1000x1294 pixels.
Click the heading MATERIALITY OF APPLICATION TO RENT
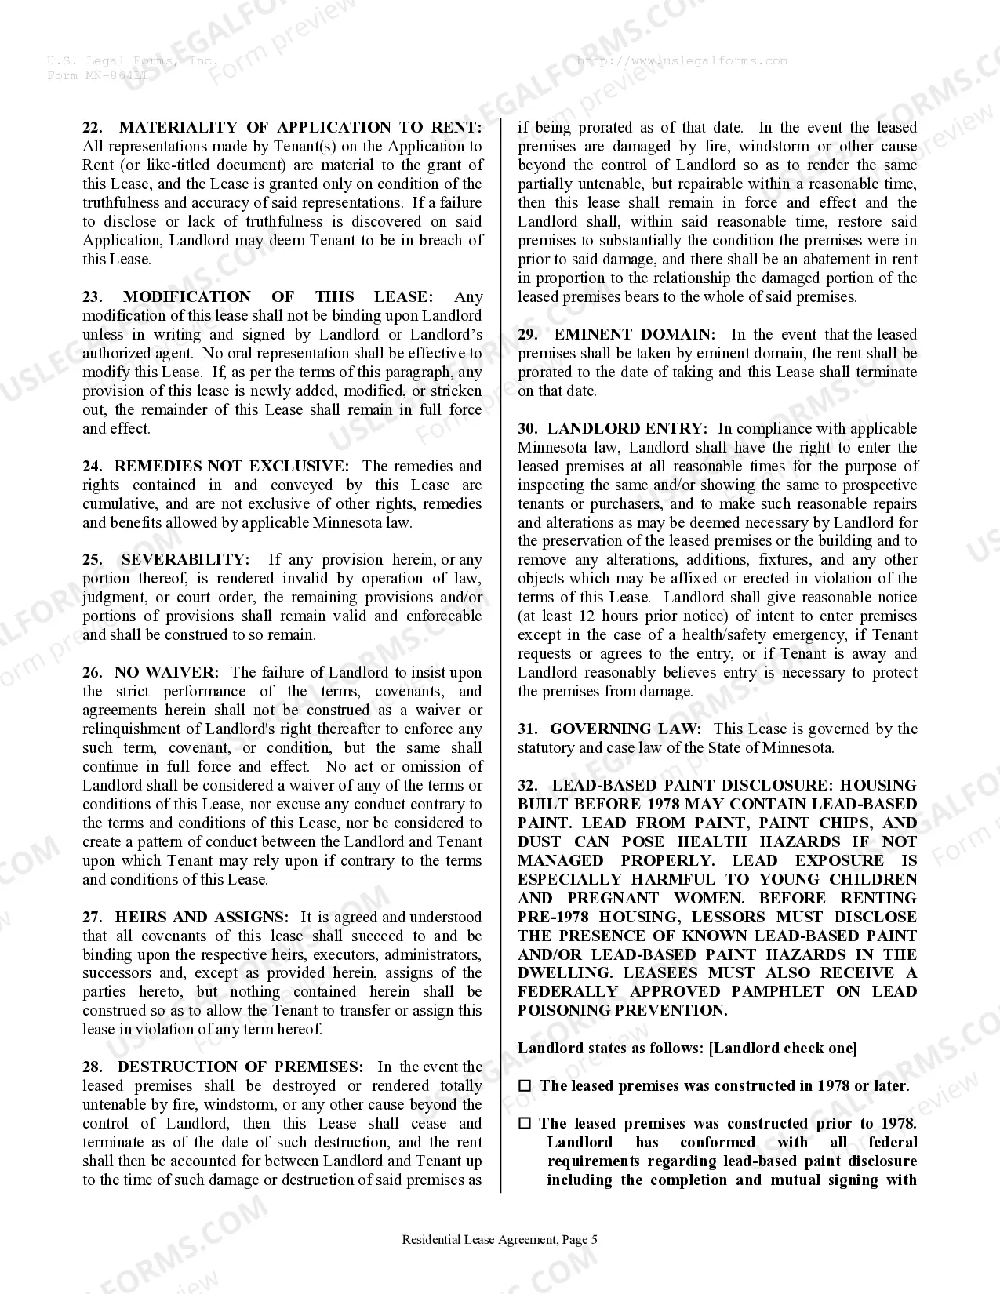(x=300, y=128)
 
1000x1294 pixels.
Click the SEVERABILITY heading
(x=185, y=560)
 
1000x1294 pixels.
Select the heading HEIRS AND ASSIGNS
(x=202, y=918)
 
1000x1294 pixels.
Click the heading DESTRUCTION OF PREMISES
(x=240, y=1067)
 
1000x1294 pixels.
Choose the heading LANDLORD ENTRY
(x=627, y=429)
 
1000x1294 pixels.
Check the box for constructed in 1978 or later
(x=525, y=1087)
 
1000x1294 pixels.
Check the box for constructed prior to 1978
(x=525, y=1125)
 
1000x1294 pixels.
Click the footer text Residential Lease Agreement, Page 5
(x=500, y=1240)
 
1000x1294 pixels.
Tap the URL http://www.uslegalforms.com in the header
(x=682, y=61)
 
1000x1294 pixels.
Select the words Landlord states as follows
(x=610, y=1049)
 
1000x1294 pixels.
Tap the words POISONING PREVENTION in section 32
(x=622, y=1011)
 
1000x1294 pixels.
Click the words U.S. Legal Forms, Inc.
(x=132, y=61)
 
